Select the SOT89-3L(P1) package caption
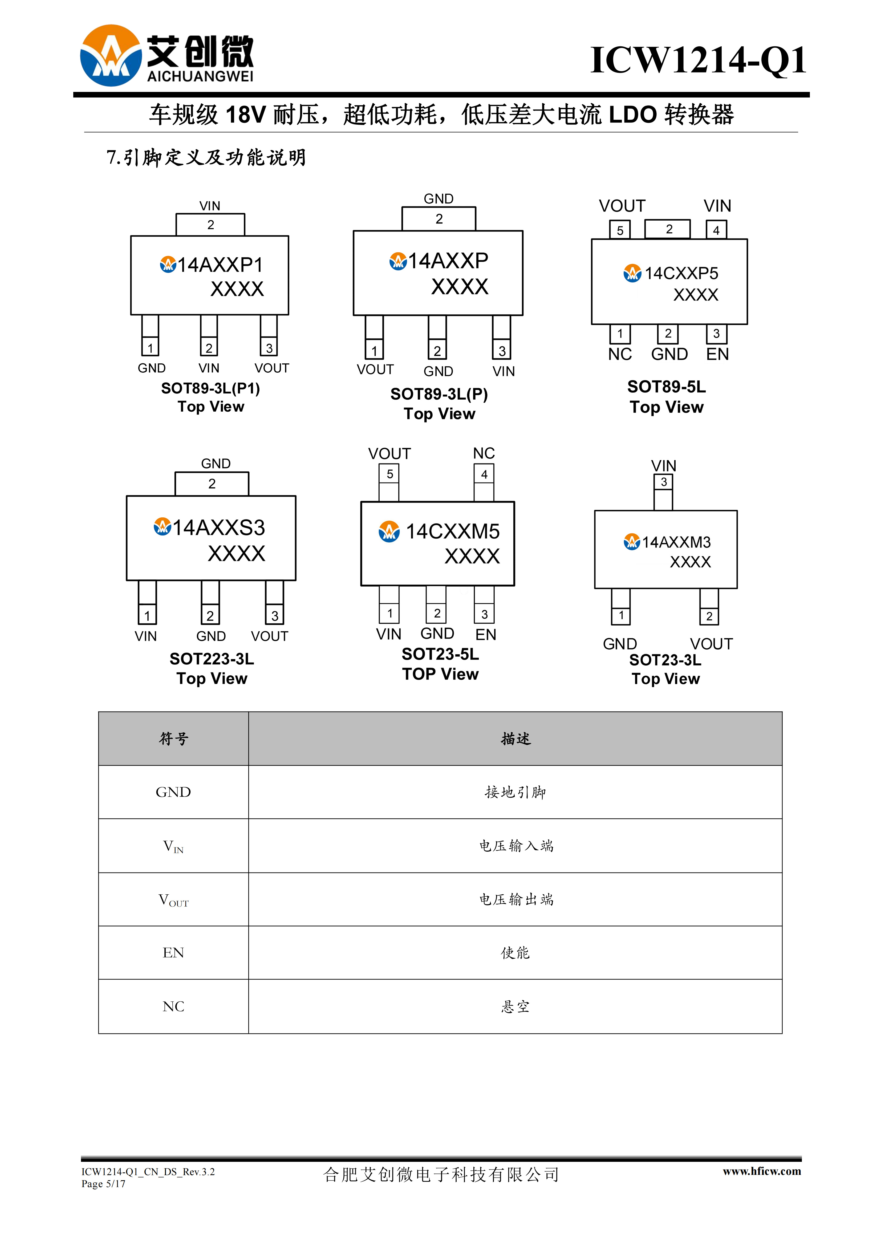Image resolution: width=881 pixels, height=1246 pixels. click(211, 389)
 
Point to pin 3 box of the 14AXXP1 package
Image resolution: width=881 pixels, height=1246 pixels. click(269, 347)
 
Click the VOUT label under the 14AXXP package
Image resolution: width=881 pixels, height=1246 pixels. click(375, 370)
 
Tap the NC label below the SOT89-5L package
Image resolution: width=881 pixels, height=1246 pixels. click(620, 354)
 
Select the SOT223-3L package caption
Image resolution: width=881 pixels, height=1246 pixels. click(212, 659)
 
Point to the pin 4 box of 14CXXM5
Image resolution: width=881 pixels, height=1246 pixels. click(484, 474)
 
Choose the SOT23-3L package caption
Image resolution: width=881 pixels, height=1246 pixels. click(665, 660)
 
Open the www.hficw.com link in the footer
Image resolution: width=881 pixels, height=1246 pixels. click(762, 1171)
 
